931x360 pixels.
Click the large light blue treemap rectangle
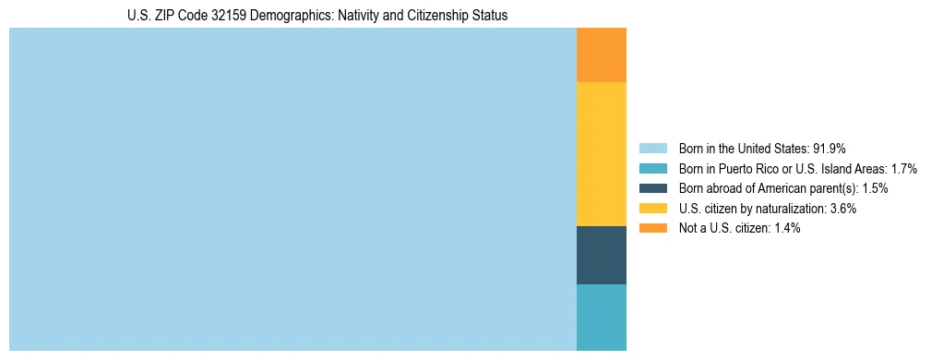pyautogui.click(x=292, y=189)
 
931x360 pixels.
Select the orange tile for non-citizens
pyautogui.click(x=602, y=55)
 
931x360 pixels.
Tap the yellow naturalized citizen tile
pyautogui.click(x=602, y=154)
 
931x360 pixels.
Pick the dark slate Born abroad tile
pyautogui.click(x=602, y=255)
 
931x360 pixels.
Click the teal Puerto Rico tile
pyautogui.click(x=602, y=318)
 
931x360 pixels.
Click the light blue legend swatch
pyautogui.click(x=653, y=149)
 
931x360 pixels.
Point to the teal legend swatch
pyautogui.click(x=653, y=169)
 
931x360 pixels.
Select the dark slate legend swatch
pyautogui.click(x=653, y=188)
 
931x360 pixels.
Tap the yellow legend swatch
pyautogui.click(x=653, y=209)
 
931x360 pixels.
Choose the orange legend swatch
pyautogui.click(x=653, y=228)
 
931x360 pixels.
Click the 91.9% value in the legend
pyautogui.click(x=829, y=149)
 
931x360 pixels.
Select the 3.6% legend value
pyautogui.click(x=840, y=209)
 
